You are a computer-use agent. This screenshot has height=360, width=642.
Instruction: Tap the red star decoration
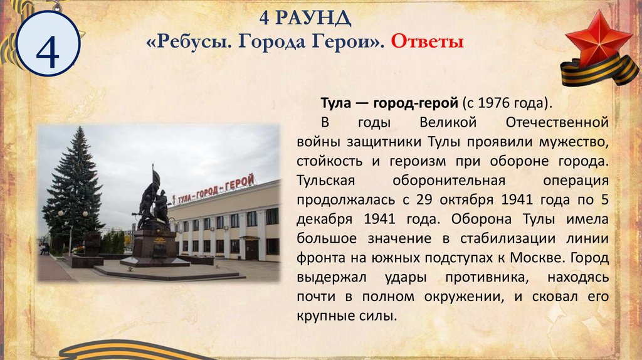tap(592, 41)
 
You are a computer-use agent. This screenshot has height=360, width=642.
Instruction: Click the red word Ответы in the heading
tap(427, 43)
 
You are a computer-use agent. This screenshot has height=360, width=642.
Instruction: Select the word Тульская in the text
tap(327, 181)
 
